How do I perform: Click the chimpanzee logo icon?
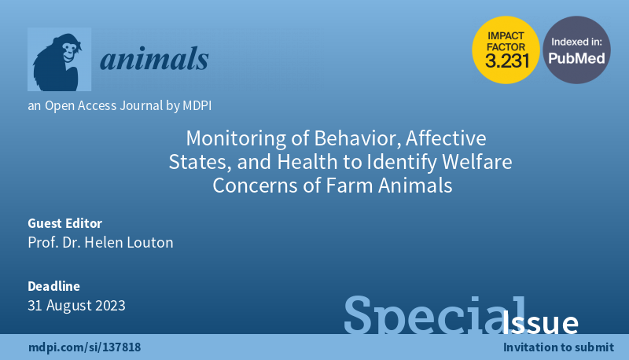[x=60, y=59]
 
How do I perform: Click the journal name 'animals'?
[x=154, y=59]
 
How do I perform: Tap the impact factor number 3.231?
[x=507, y=61]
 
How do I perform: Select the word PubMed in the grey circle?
[x=576, y=58]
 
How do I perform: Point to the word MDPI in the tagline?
[x=197, y=105]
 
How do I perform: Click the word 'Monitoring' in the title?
[x=237, y=138]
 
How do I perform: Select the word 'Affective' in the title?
[x=446, y=138]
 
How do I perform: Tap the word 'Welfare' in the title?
[x=477, y=162]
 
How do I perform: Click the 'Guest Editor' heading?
[x=65, y=223]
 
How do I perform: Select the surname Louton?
[x=149, y=242]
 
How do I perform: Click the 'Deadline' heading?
[x=53, y=286]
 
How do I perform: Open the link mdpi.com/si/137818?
[x=85, y=347]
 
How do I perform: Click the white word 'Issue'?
[x=540, y=322]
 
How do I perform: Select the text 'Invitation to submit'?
[x=558, y=347]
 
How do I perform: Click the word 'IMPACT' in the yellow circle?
[x=506, y=35]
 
